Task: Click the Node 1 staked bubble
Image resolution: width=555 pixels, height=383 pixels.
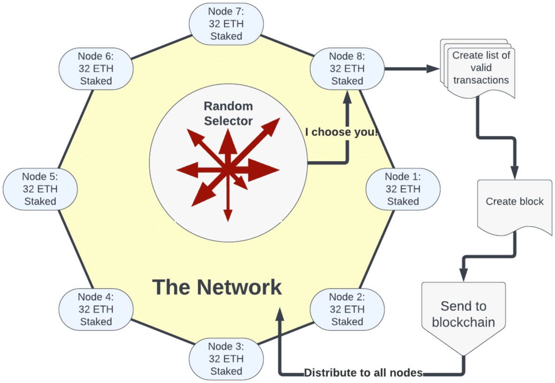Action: point(403,189)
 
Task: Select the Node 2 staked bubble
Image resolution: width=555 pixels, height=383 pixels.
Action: point(347,309)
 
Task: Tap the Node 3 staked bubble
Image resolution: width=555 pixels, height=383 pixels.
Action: point(226,359)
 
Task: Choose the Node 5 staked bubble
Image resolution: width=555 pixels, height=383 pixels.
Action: point(40,189)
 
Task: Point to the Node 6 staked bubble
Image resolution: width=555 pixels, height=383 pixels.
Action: point(96,68)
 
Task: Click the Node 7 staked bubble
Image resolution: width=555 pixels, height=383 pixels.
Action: point(226,23)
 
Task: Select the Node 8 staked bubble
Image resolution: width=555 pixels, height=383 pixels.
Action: point(347,68)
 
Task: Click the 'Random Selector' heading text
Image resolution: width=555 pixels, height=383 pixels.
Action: point(228,114)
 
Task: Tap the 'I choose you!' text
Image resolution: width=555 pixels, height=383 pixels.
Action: point(341,132)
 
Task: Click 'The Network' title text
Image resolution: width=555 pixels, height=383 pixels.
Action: point(217,287)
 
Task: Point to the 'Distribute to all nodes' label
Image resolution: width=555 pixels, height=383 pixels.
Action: point(363,373)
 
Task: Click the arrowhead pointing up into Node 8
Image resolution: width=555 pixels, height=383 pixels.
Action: point(347,96)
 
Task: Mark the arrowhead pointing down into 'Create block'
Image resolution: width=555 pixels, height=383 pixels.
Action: point(515,172)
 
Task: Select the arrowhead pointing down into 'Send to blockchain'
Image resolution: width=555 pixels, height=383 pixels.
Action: point(463,275)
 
